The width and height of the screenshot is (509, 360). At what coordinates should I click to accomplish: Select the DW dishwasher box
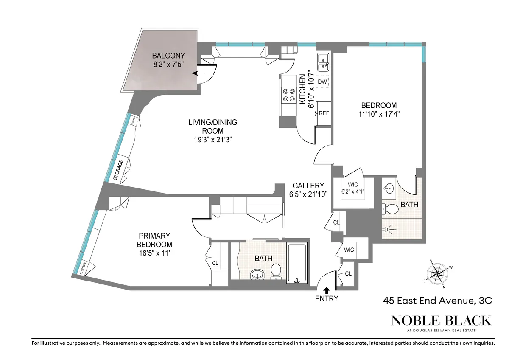[322, 82]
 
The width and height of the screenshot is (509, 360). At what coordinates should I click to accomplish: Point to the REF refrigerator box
[324, 113]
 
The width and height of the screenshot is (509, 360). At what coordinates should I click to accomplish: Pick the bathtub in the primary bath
[297, 262]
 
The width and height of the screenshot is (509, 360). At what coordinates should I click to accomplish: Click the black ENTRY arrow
[327, 290]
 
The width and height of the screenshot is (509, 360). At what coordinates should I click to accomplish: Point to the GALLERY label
[308, 186]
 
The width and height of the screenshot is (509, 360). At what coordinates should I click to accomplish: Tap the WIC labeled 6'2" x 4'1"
[353, 188]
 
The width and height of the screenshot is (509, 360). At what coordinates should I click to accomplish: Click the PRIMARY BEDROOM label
[154, 240]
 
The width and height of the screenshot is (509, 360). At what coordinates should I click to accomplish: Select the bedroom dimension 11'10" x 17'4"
[379, 114]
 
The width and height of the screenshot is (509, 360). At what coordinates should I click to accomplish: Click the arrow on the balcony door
[196, 73]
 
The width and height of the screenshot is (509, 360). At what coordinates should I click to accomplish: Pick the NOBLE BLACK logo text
[441, 321]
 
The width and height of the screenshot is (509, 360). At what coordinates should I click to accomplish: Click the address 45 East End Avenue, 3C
[437, 301]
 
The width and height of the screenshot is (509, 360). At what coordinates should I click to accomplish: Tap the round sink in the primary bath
[257, 274]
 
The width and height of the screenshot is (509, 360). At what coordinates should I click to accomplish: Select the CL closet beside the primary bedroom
[215, 263]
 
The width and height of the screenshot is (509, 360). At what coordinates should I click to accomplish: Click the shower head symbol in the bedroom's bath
[387, 230]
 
